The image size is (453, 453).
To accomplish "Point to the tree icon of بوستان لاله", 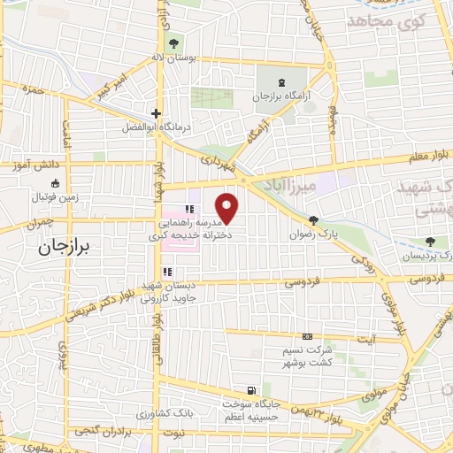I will pyautogui.click(x=173, y=42).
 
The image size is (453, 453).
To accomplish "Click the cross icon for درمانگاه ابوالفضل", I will pyautogui.click(x=156, y=113).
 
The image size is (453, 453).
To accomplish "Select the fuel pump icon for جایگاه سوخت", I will pyautogui.click(x=253, y=390).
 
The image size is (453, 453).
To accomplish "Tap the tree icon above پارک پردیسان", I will pyautogui.click(x=431, y=241).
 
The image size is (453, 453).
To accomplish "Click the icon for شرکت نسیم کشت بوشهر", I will pyautogui.click(x=306, y=337).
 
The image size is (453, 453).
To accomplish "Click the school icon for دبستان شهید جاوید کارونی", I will pyautogui.click(x=165, y=273).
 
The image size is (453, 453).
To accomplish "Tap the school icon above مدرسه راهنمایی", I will pyautogui.click(x=188, y=210).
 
